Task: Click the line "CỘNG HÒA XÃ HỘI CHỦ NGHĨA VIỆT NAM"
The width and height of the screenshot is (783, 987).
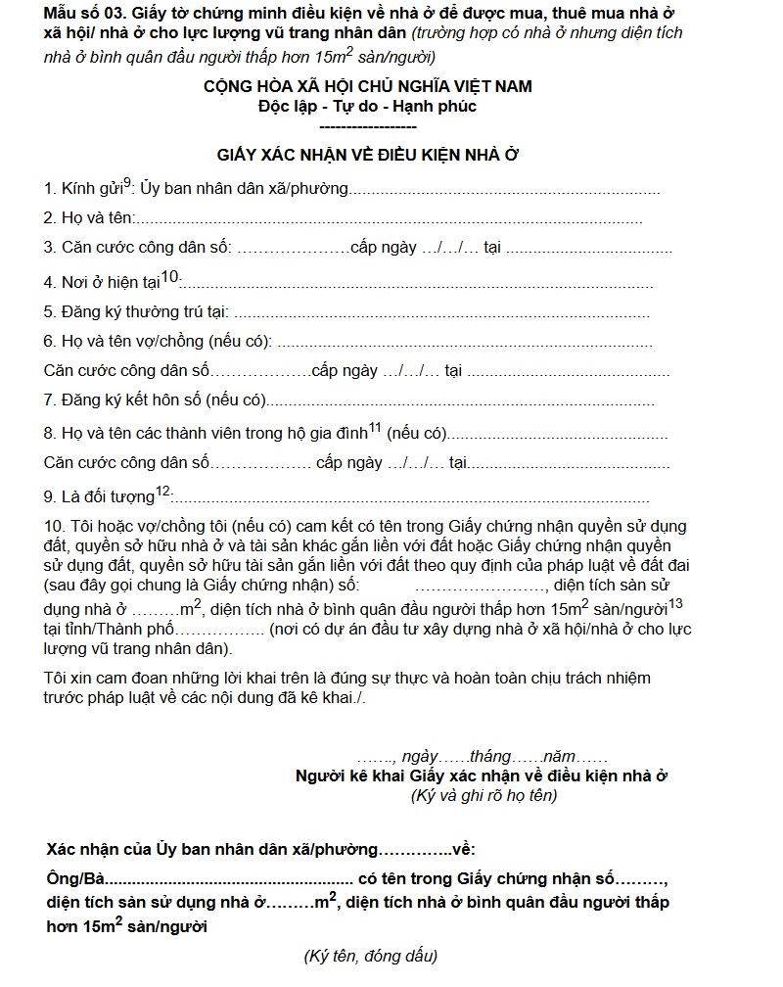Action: [368, 86]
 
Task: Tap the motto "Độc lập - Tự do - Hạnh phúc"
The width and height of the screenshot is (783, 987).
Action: [368, 106]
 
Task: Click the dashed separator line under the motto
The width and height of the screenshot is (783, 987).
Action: [368, 126]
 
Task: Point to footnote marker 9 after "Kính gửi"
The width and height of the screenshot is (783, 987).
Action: [128, 181]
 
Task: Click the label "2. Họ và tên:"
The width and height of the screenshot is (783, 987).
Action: [88, 218]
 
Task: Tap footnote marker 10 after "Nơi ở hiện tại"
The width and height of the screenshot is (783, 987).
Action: [170, 277]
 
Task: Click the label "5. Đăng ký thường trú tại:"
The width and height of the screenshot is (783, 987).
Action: [136, 312]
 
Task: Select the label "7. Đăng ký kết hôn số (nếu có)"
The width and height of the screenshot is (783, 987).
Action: [155, 400]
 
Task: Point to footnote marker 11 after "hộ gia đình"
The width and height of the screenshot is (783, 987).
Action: [374, 427]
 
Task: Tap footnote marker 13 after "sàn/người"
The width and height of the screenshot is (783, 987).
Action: [675, 603]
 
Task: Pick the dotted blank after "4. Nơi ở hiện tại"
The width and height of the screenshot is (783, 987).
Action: [417, 284]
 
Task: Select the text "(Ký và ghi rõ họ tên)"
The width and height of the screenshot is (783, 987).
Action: [484, 796]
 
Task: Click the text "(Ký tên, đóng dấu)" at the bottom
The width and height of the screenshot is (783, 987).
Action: [371, 956]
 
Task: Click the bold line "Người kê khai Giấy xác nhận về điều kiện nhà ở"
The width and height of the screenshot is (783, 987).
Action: [482, 776]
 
